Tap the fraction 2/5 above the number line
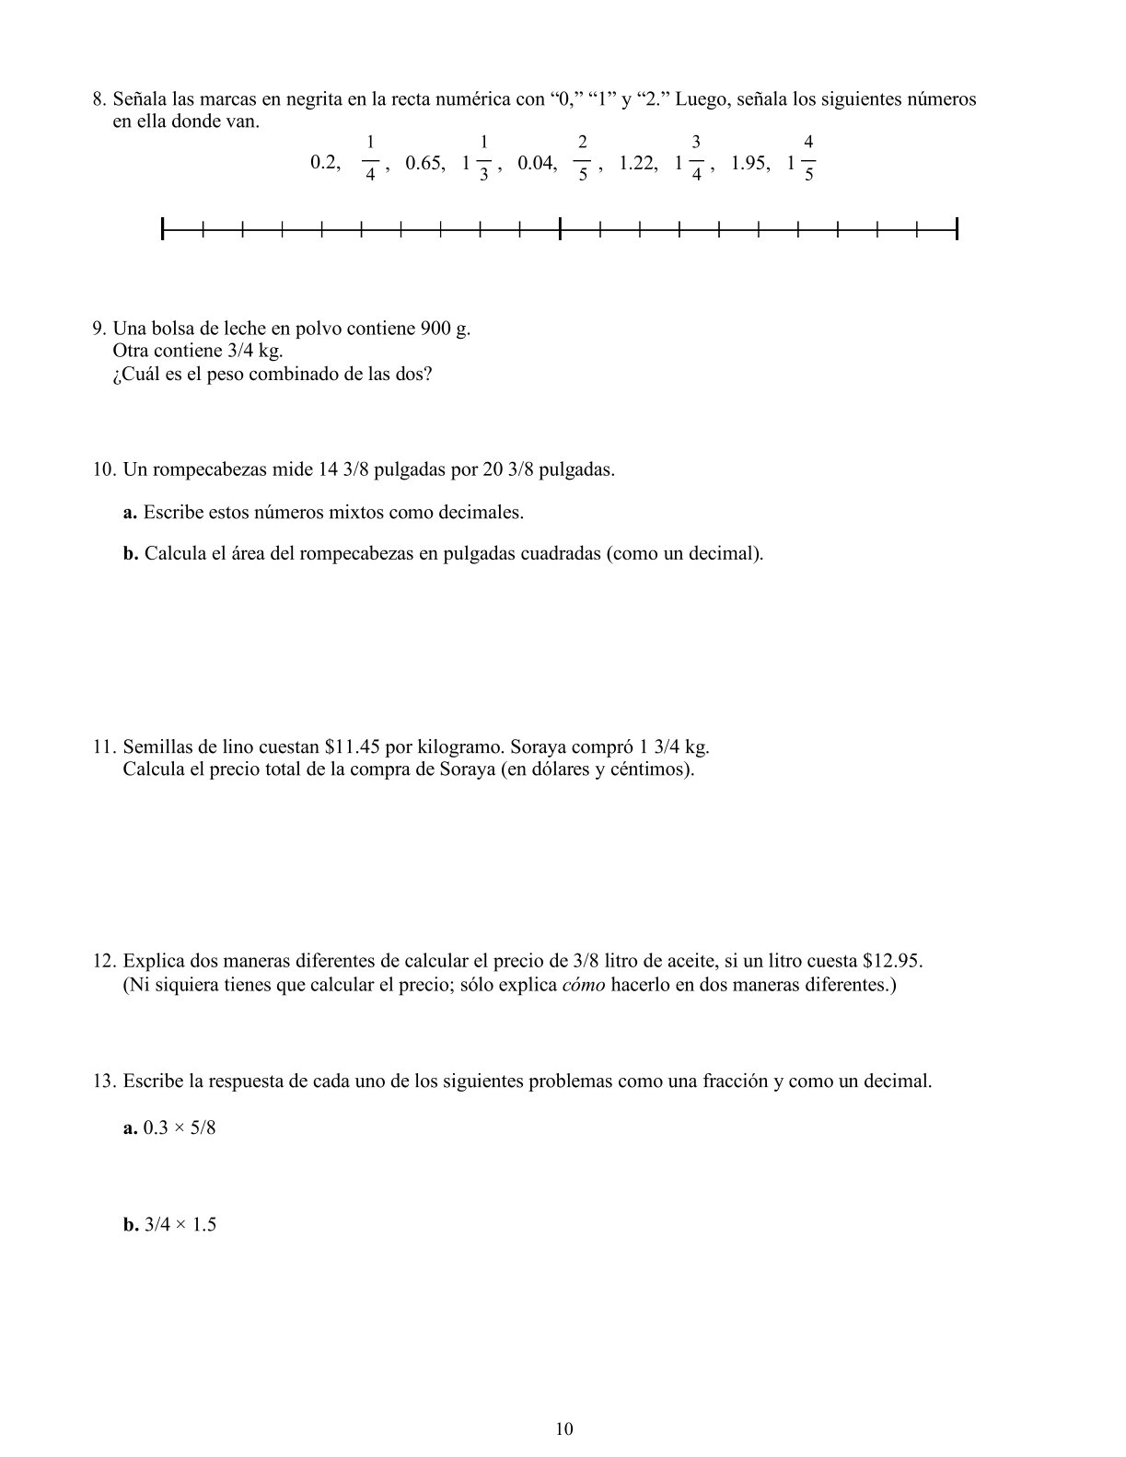pyautogui.click(x=582, y=157)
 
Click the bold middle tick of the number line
pyautogui.click(x=560, y=228)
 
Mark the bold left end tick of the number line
pyautogui.click(x=163, y=228)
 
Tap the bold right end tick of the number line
pyautogui.click(x=957, y=228)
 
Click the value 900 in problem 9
pyautogui.click(x=435, y=329)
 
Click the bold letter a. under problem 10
pyautogui.click(x=130, y=513)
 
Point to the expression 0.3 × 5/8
pyautogui.click(x=180, y=1128)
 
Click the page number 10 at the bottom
pyautogui.click(x=564, y=1429)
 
